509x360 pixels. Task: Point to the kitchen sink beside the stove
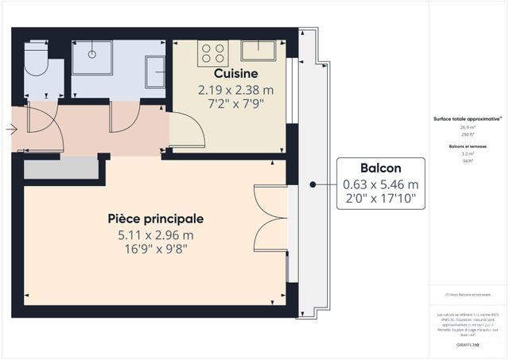(x=258, y=50)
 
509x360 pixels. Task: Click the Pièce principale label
(x=156, y=218)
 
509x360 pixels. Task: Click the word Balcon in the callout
(x=380, y=168)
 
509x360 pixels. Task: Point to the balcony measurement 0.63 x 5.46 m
(x=380, y=184)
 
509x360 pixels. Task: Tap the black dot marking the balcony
(x=313, y=184)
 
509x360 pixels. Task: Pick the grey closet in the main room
(x=60, y=168)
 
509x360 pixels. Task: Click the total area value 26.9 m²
(x=466, y=127)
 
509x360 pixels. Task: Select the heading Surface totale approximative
(x=466, y=118)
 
